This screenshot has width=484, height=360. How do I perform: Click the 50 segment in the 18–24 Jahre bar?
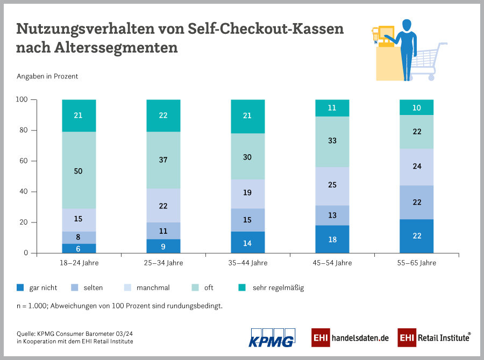tap(79, 170)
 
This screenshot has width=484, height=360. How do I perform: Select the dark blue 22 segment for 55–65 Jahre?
tap(416, 236)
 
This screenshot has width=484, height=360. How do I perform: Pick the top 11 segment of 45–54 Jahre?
tap(332, 108)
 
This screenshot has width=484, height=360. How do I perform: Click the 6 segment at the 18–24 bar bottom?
tap(79, 248)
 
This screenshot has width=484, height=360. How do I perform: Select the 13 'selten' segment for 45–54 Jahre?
tap(332, 215)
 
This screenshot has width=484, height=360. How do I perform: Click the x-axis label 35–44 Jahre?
tap(247, 263)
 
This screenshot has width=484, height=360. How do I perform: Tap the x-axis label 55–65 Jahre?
tap(416, 263)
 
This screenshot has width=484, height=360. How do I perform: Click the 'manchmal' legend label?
tap(153, 288)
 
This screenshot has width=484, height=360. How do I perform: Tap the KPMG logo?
tap(272, 337)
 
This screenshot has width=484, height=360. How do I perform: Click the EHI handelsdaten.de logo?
tap(350, 337)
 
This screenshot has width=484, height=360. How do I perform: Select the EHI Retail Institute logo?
tap(434, 337)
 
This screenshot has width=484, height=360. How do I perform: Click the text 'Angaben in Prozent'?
tap(47, 76)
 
